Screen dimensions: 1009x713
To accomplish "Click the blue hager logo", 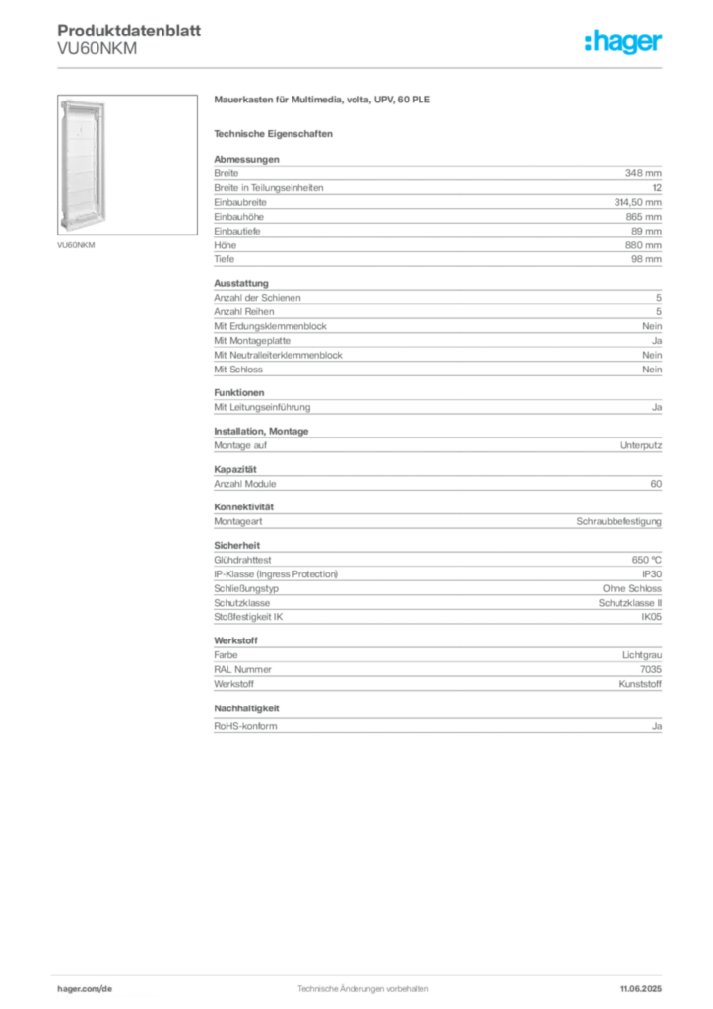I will tap(625, 43).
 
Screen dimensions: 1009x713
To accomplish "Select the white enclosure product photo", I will tap(84, 168).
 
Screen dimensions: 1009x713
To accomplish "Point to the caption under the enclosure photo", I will tap(78, 242).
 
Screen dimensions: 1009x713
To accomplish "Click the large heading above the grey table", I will tap(322, 101).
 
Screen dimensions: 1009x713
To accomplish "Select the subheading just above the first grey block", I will tap(276, 132).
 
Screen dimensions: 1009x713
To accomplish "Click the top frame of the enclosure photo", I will tap(84, 101).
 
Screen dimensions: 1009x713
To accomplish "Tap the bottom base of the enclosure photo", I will tap(84, 233).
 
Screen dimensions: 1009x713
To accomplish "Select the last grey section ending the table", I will tap(436, 721).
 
